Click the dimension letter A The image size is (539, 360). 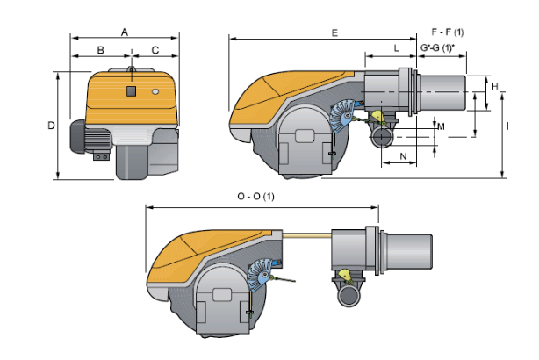[125, 32]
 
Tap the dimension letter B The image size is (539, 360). [100, 50]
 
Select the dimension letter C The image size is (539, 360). [155, 50]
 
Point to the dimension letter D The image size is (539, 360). [51, 126]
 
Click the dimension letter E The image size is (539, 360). [334, 33]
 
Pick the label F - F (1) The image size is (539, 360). [447, 32]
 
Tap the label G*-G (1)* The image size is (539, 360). [437, 47]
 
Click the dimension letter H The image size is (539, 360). [494, 86]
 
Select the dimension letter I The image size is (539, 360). [507, 126]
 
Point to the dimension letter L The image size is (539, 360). [396, 48]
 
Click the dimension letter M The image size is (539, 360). [441, 126]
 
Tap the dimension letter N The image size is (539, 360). [403, 156]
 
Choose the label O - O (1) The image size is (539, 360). [256, 197]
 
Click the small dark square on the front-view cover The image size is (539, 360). [131, 91]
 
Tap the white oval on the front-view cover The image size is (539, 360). [155, 92]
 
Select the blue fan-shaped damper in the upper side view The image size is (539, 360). [342, 115]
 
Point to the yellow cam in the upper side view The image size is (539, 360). [378, 116]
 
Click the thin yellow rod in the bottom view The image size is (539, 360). [306, 235]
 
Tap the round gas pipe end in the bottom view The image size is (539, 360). [349, 295]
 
